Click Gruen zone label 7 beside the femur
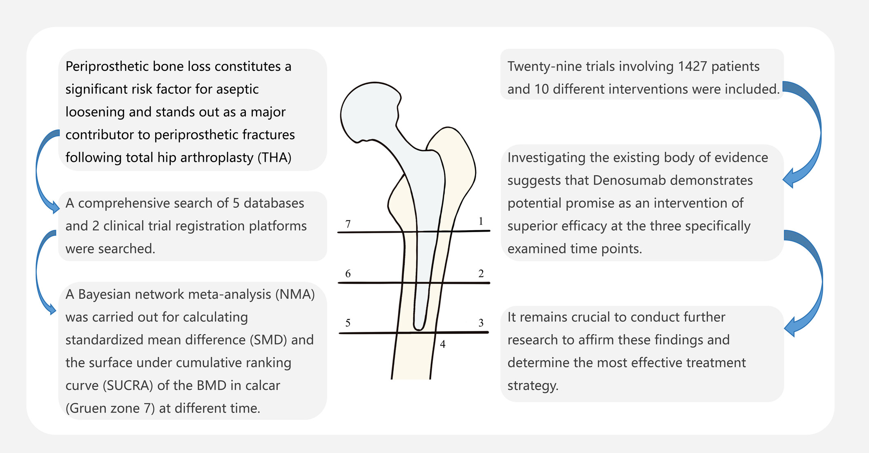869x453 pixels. [x=348, y=224]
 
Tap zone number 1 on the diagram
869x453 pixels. [x=481, y=221]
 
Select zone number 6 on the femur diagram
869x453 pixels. [x=348, y=273]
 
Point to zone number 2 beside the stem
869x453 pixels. [x=481, y=273]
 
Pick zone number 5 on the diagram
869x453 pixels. [x=348, y=323]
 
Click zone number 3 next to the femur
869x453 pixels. [x=481, y=323]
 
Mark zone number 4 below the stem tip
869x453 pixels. [x=443, y=344]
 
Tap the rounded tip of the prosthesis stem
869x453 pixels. [x=419, y=326]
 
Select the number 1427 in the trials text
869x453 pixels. [x=693, y=67]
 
